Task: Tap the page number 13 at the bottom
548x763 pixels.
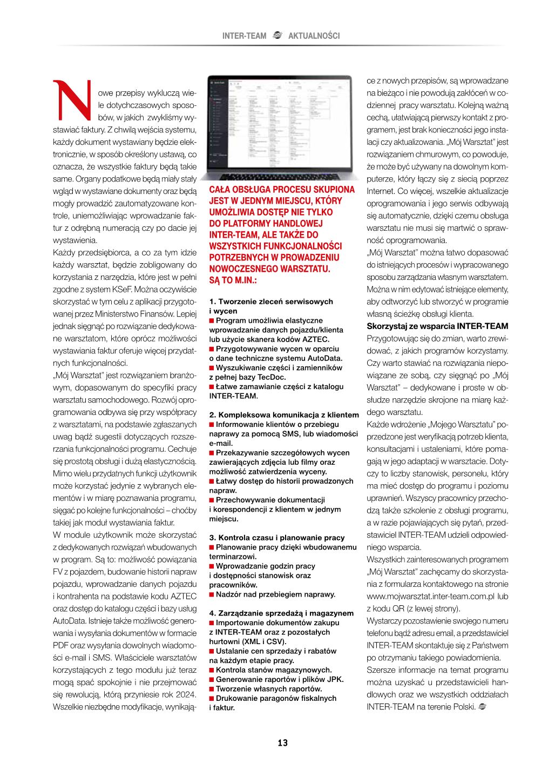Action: point(282,742)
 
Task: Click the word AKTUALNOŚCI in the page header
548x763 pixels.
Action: point(314,36)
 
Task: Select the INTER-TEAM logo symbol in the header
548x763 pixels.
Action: point(278,36)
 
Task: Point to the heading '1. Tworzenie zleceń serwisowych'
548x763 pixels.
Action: point(271,302)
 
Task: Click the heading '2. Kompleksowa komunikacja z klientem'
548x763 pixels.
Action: point(284,415)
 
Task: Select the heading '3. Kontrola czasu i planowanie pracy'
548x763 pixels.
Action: point(276,538)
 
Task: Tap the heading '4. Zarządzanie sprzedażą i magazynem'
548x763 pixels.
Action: point(281,613)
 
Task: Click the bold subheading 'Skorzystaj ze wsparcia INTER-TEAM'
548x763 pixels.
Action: point(437,326)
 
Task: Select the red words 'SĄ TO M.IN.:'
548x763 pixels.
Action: point(233,280)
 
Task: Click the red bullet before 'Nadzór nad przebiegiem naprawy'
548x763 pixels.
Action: point(212,594)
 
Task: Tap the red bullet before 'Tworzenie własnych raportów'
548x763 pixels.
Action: point(212,689)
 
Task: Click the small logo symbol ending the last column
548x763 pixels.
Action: point(482,707)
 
